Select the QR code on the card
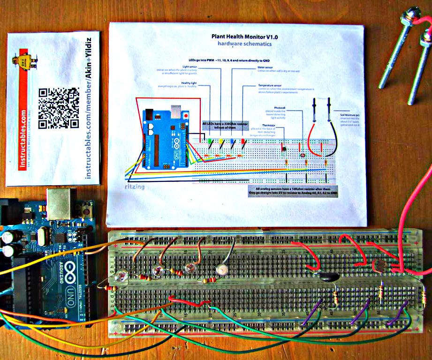click(59, 108)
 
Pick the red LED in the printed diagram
click(243, 141)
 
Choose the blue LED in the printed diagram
click(232, 141)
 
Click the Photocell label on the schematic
click(280, 107)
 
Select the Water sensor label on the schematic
click(265, 67)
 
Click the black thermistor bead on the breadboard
click(328, 277)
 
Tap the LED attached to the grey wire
click(220, 270)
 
